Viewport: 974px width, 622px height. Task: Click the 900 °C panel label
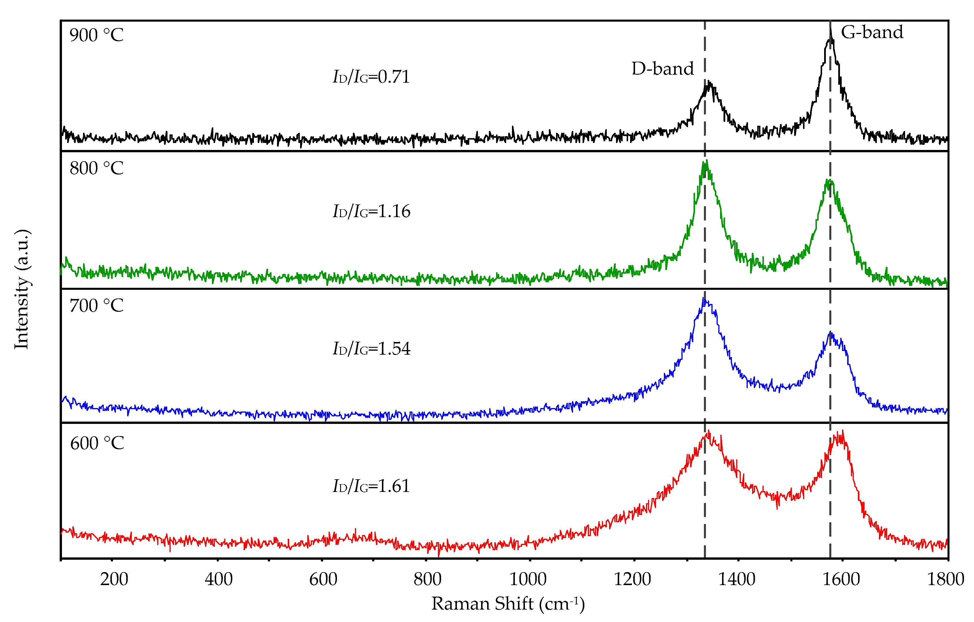pyautogui.click(x=96, y=35)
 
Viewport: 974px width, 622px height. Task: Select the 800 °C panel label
pyautogui.click(x=96, y=168)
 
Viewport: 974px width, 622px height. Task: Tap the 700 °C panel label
pyautogui.click(x=96, y=306)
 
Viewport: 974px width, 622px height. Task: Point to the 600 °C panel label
pyautogui.click(x=97, y=444)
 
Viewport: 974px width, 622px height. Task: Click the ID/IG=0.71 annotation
pyautogui.click(x=371, y=77)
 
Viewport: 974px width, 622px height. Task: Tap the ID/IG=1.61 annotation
pyautogui.click(x=371, y=486)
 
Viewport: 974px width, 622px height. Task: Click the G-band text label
pyautogui.click(x=872, y=32)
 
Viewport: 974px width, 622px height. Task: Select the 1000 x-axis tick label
pyautogui.click(x=527, y=579)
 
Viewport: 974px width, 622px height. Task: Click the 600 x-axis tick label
pyautogui.click(x=323, y=579)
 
